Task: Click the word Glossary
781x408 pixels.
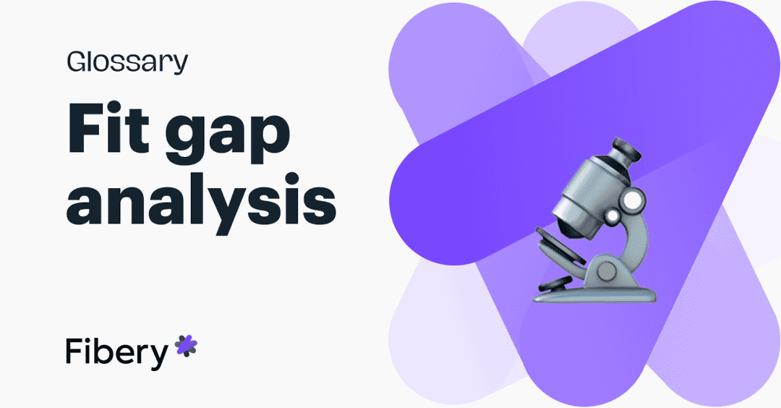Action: tap(127, 63)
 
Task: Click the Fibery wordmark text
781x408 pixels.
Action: tap(116, 352)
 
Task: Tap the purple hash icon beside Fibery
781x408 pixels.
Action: tap(186, 347)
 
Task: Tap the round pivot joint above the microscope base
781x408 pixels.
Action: tap(607, 271)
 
